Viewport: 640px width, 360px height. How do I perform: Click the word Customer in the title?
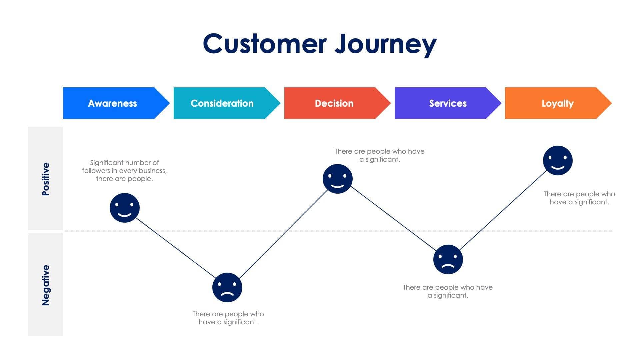point(265,44)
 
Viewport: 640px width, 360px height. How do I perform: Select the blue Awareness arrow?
point(113,103)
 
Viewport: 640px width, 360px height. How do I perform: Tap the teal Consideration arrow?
point(222,103)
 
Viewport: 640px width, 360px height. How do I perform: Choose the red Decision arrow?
point(334,103)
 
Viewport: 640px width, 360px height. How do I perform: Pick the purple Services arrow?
point(448,103)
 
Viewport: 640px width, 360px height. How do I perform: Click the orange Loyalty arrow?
point(557,103)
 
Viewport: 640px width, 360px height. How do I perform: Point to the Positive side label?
point(46,179)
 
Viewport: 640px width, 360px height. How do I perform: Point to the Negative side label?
point(46,285)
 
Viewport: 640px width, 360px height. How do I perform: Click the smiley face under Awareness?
point(124,208)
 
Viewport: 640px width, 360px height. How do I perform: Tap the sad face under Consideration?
point(227,287)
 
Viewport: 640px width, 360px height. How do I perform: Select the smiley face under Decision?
point(337,179)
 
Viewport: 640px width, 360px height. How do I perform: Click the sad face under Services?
point(448,259)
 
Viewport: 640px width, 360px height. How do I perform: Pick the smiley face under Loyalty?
point(558,160)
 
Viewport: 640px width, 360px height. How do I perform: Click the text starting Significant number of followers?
point(124,171)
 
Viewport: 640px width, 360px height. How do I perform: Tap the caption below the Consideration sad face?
point(228,318)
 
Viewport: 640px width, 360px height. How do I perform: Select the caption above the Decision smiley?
point(379,155)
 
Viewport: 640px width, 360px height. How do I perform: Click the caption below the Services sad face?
point(448,291)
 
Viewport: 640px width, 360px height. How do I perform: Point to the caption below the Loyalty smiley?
point(579,198)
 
